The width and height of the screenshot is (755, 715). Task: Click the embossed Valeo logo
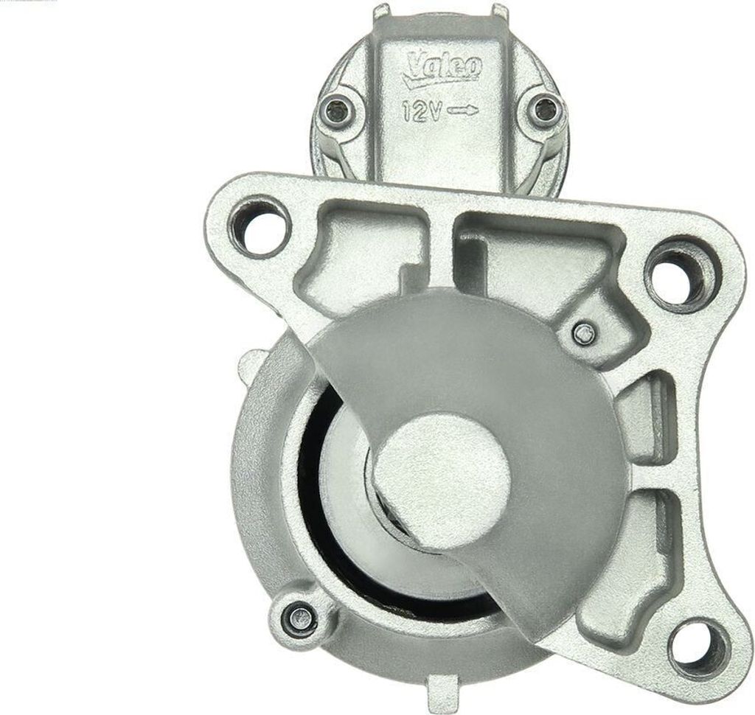point(444,68)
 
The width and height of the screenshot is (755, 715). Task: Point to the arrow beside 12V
point(463,111)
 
